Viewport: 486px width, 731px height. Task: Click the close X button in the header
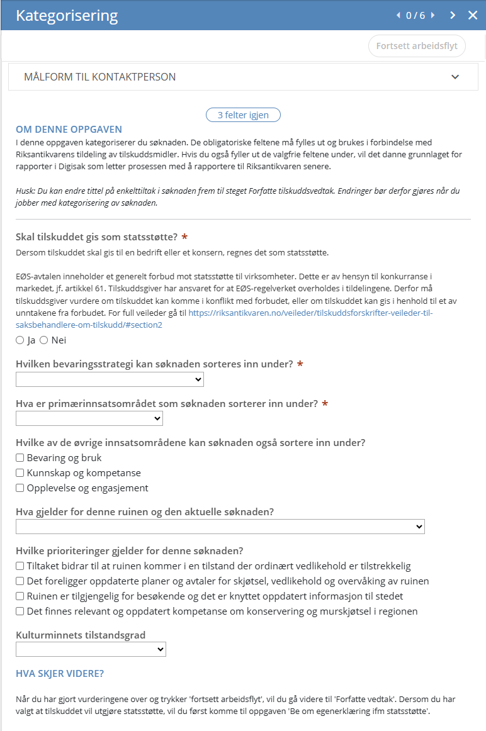click(473, 15)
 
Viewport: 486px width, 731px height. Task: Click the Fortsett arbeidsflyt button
click(417, 46)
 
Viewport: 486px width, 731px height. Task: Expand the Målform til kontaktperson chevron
click(455, 77)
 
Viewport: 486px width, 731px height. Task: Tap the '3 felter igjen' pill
click(243, 115)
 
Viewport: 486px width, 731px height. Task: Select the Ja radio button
click(20, 340)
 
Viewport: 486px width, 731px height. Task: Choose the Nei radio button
click(44, 340)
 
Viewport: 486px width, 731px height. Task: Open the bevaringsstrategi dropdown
click(110, 379)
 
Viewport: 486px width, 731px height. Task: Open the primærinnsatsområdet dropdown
click(89, 418)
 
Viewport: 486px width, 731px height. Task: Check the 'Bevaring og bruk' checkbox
click(20, 458)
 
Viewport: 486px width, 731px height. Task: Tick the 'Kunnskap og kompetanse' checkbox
click(20, 473)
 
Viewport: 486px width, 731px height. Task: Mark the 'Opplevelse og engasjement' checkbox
click(20, 488)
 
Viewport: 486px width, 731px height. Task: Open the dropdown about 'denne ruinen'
click(220, 527)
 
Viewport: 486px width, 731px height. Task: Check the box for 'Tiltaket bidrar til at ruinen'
click(20, 566)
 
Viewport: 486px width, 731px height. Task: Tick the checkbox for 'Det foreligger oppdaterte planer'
click(20, 581)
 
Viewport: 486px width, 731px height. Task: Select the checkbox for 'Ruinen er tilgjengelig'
click(20, 596)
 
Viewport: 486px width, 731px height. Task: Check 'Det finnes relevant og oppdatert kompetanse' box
click(20, 611)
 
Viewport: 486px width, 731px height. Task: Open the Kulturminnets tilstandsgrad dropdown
click(91, 649)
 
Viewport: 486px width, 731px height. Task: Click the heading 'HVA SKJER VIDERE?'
click(60, 674)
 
